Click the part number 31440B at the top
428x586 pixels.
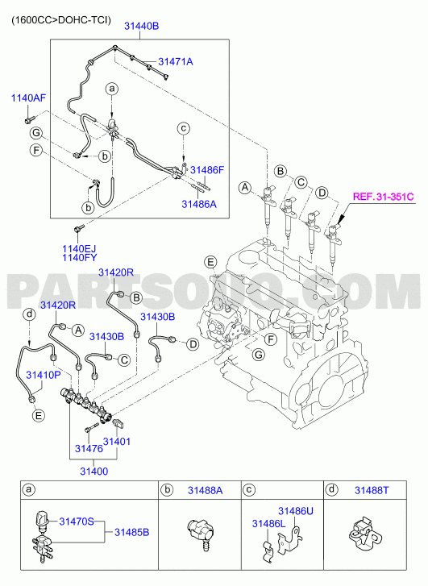(x=142, y=26)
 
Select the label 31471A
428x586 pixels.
(x=176, y=62)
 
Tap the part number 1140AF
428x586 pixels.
(x=28, y=98)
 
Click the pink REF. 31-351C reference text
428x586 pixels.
(x=384, y=197)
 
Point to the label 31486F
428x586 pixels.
(x=206, y=170)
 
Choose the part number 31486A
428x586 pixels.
(x=199, y=204)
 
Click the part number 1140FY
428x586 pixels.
(x=79, y=257)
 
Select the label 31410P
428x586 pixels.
(x=43, y=375)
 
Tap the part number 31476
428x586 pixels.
(x=89, y=448)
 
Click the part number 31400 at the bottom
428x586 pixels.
(x=93, y=472)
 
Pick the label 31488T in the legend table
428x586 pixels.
(x=372, y=490)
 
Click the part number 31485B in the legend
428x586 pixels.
(x=131, y=532)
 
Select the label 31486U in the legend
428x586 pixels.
(x=296, y=511)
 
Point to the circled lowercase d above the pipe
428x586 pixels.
(x=29, y=314)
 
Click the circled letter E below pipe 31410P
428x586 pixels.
(x=38, y=415)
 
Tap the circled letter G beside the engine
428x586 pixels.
(x=258, y=354)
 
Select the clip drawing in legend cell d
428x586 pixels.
(x=363, y=532)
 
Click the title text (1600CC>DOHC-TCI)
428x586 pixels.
(x=61, y=20)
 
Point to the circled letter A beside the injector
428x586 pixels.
(x=245, y=187)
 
